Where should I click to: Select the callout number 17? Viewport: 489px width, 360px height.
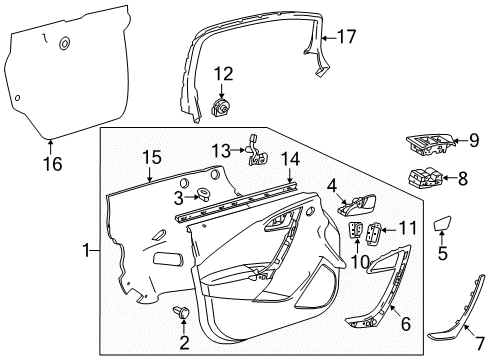coord(345,37)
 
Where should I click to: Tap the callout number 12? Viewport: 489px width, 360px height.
coord(222,73)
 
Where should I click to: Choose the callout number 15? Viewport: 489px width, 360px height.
coord(151,157)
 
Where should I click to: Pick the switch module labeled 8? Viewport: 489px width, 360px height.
coord(426,180)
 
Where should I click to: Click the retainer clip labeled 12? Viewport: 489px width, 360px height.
coord(223,105)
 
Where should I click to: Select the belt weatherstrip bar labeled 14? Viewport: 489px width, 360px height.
coord(237,203)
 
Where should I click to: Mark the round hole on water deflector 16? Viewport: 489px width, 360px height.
coord(65,44)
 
